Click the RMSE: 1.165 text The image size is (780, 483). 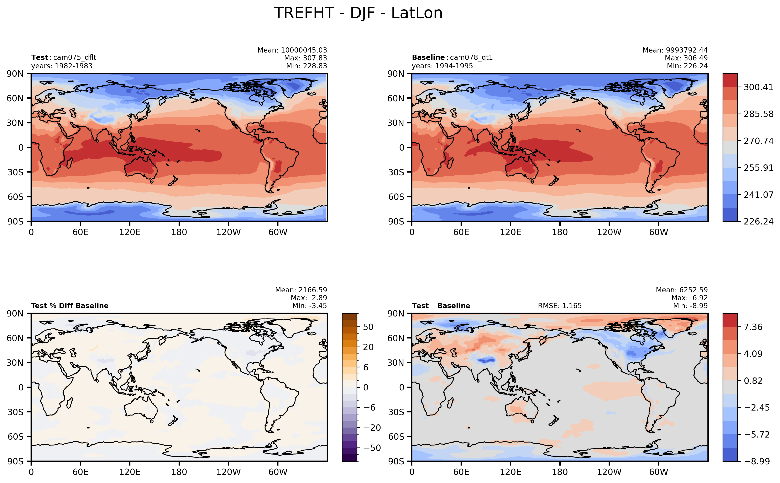(559, 306)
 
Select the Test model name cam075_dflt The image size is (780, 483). (74, 58)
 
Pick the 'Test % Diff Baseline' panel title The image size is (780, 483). (70, 306)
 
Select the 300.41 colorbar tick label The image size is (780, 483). (758, 87)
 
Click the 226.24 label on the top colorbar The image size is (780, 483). (758, 221)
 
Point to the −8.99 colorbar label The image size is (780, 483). (757, 461)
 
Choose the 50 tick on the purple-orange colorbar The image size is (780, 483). (368, 327)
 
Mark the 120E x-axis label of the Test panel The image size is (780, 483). (130, 232)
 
